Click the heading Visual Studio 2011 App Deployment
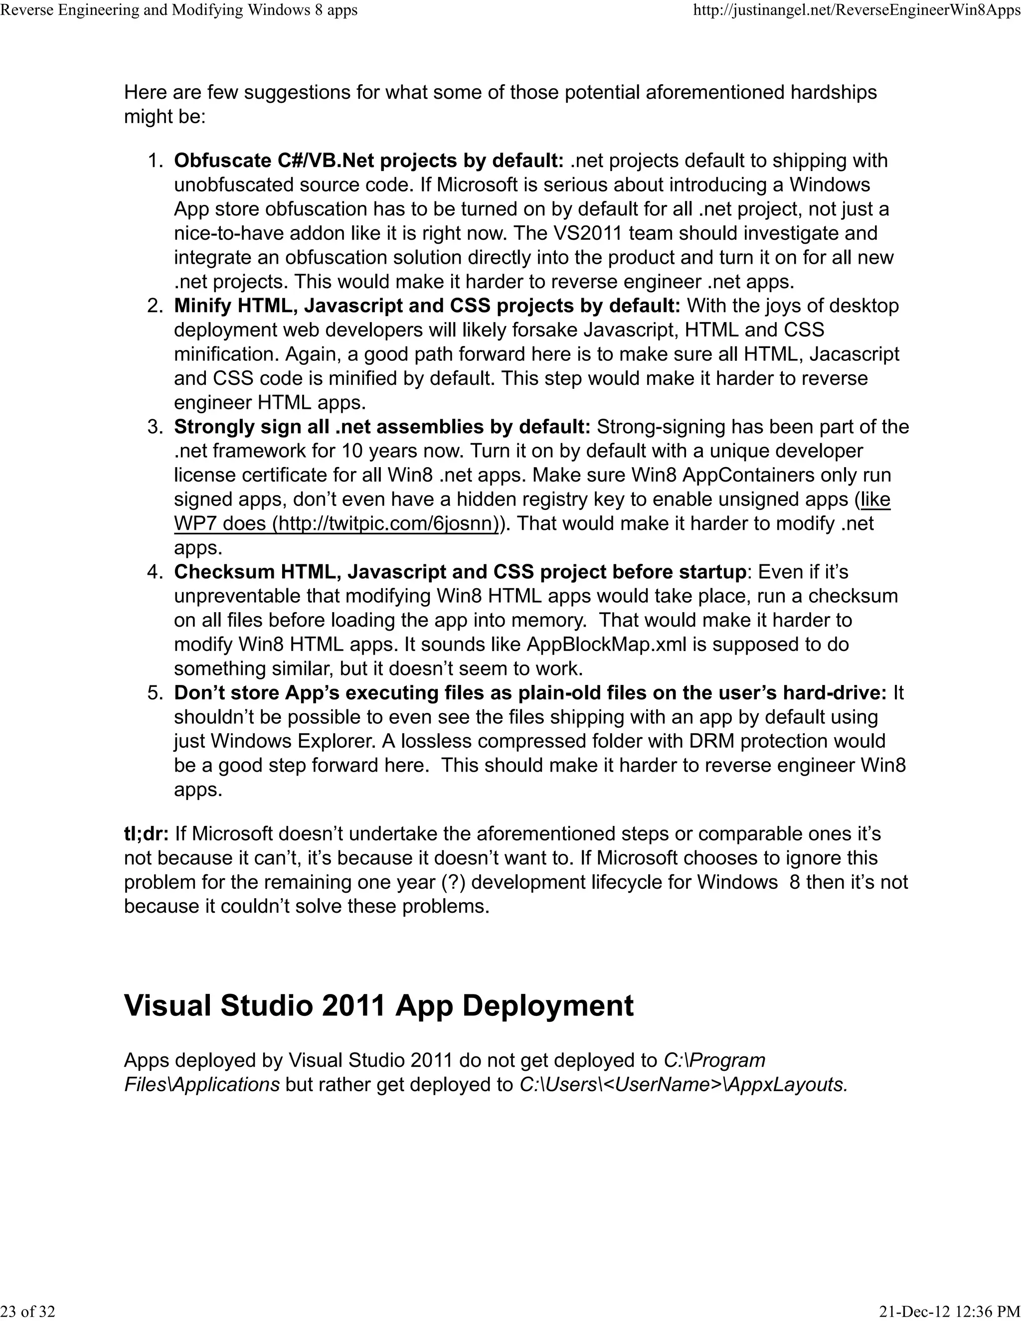(379, 1005)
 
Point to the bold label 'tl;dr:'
(147, 833)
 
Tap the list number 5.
(156, 692)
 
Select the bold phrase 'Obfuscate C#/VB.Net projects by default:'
(369, 161)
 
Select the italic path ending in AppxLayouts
(683, 1085)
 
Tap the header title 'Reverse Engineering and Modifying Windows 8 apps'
(179, 10)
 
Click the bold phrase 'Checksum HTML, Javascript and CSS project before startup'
(460, 572)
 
